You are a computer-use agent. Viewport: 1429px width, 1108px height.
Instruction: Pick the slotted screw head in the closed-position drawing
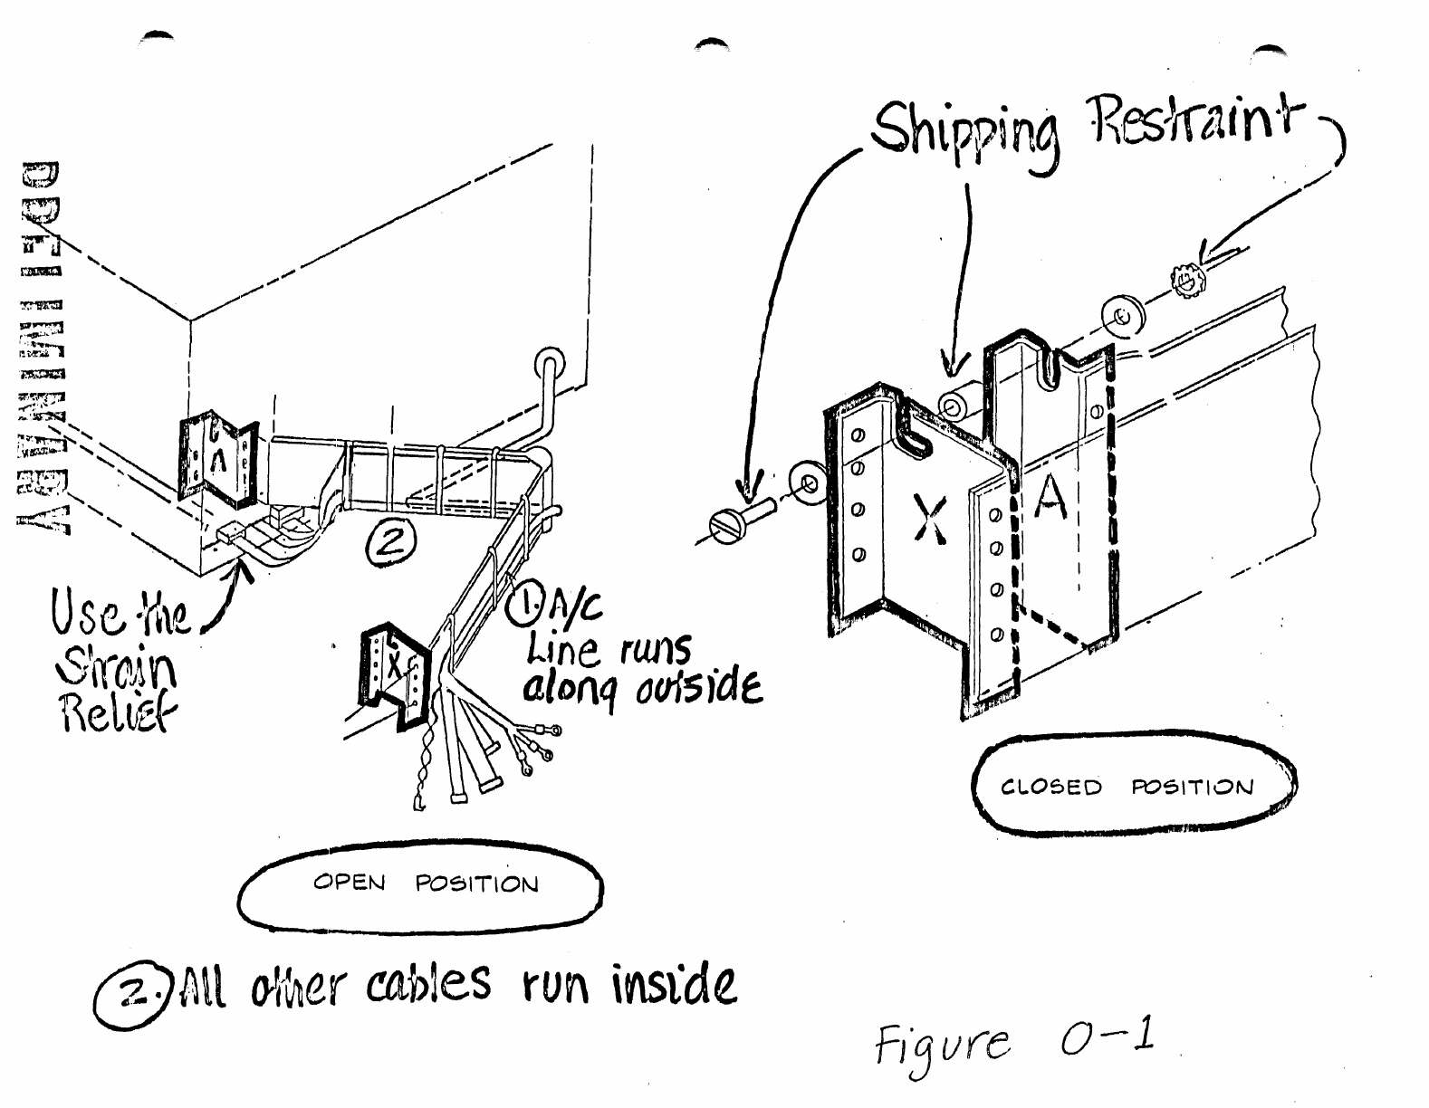click(x=731, y=524)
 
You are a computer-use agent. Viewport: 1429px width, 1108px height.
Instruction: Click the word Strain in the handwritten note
click(x=117, y=669)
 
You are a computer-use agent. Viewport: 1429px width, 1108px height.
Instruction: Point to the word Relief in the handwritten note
click(x=118, y=712)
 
